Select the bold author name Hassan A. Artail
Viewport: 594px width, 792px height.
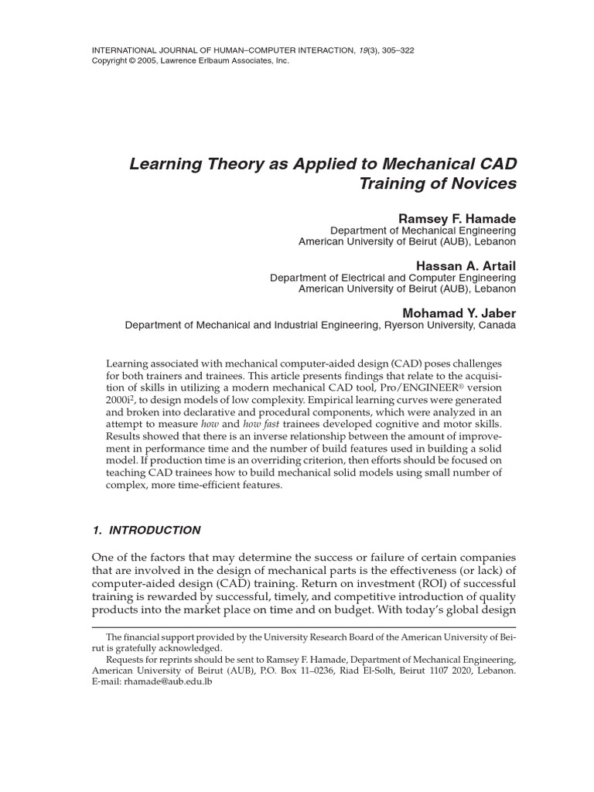point(466,265)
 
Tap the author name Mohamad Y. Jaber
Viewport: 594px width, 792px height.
point(459,313)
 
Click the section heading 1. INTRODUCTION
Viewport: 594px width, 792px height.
point(146,530)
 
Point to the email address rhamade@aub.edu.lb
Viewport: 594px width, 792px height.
point(162,682)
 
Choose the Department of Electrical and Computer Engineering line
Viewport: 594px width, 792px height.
point(392,278)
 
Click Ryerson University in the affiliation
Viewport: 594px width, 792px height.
point(429,326)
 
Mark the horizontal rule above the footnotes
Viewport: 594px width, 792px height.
point(304,627)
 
